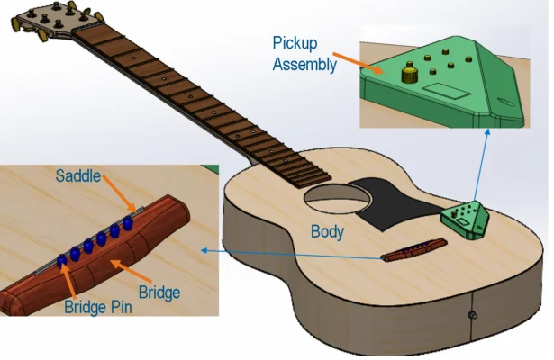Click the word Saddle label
pos(78,175)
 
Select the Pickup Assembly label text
pos(304,54)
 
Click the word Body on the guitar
pos(327,231)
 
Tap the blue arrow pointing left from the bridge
pos(297,254)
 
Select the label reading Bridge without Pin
pos(160,292)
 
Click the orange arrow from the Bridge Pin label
pos(71,282)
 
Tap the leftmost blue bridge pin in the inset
pos(61,260)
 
